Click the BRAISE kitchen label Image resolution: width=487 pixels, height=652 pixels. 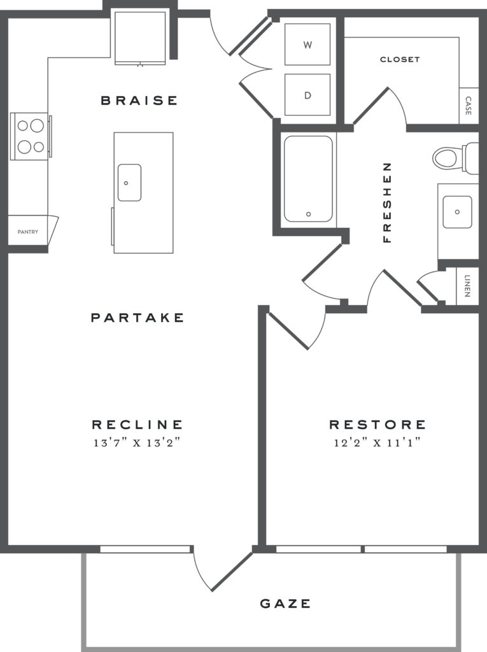pos(139,100)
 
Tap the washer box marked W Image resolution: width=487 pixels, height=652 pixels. pos(307,45)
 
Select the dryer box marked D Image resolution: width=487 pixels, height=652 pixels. pos(307,95)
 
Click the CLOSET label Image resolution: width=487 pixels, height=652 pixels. pos(400,59)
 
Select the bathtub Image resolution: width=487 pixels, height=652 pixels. pos(308,179)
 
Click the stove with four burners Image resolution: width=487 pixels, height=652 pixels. pos(29,136)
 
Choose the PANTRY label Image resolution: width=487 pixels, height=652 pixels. pos(27,232)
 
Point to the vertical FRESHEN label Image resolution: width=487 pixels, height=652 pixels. pos(386,202)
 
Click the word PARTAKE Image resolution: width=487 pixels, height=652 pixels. pos(138,317)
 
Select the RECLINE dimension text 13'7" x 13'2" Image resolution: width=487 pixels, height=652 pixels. pos(138,443)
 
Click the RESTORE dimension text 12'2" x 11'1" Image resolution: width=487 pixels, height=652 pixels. pos(377,443)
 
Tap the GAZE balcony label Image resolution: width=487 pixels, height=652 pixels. pos(286,603)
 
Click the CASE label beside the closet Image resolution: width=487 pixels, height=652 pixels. pos(469,105)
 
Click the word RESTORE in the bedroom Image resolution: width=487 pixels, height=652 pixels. pos(377,425)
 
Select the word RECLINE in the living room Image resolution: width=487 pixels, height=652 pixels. pos(138,425)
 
